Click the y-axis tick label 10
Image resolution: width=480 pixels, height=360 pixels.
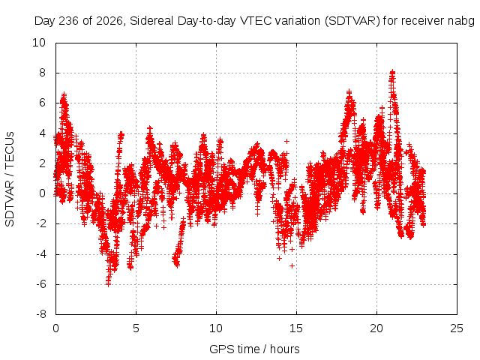(39, 43)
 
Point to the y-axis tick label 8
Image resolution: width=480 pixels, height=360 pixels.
(42, 73)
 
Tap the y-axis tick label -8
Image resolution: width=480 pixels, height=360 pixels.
(40, 314)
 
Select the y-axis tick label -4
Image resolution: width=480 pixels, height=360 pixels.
(40, 253)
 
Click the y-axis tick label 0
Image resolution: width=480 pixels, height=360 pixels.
(42, 193)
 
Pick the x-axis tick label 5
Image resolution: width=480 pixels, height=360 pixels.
(136, 328)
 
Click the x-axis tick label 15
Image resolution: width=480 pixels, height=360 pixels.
(296, 328)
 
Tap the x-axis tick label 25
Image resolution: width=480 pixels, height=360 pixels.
(457, 328)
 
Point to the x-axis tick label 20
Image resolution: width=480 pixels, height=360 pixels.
(376, 328)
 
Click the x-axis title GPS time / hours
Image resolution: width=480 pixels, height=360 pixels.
(254, 349)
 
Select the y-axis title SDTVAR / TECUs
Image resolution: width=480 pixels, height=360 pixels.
(10, 179)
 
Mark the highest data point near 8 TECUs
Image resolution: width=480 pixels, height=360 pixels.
(392, 72)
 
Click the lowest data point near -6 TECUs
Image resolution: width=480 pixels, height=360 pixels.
(108, 283)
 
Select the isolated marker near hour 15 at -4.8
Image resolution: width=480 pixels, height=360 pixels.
(292, 265)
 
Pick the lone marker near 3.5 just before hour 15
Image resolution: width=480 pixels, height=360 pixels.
(286, 141)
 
